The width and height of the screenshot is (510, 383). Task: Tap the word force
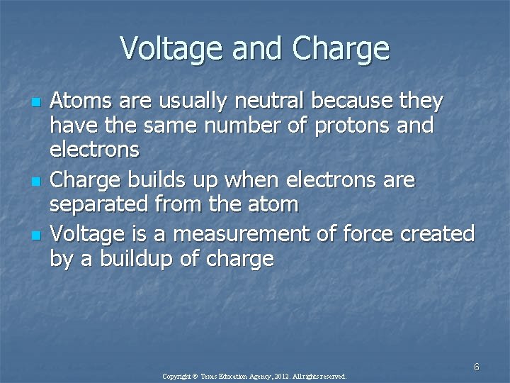(371, 233)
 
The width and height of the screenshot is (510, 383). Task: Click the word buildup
(127, 259)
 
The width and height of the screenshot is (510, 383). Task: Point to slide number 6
(477, 367)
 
